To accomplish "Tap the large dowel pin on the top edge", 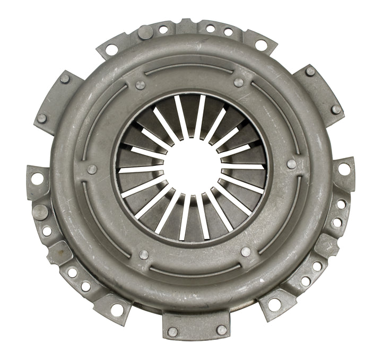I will click(145, 32).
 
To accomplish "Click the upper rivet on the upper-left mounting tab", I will click(65, 78).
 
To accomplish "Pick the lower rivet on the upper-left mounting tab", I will click(42, 118).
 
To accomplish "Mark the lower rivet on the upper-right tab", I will click(335, 110).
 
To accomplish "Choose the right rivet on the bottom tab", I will click(221, 330).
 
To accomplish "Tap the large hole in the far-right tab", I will click(343, 169).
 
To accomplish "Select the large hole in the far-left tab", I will click(37, 179).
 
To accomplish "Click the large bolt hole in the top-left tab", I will click(111, 49).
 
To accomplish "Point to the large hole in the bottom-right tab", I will click(274, 304).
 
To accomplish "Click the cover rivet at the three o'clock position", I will click(291, 164).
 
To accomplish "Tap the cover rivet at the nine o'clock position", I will click(92, 169).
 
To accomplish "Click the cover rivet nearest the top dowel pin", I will click(141, 85).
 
